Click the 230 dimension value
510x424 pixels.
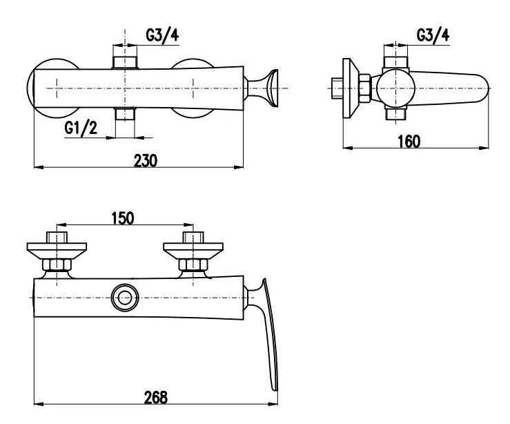click(x=146, y=160)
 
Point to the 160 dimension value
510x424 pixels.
click(x=409, y=141)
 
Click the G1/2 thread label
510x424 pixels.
click(x=80, y=128)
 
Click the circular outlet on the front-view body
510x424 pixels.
click(x=124, y=298)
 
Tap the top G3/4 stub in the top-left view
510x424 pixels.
click(x=124, y=61)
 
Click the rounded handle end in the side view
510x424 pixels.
click(x=476, y=88)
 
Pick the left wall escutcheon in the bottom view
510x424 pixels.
click(x=56, y=247)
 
